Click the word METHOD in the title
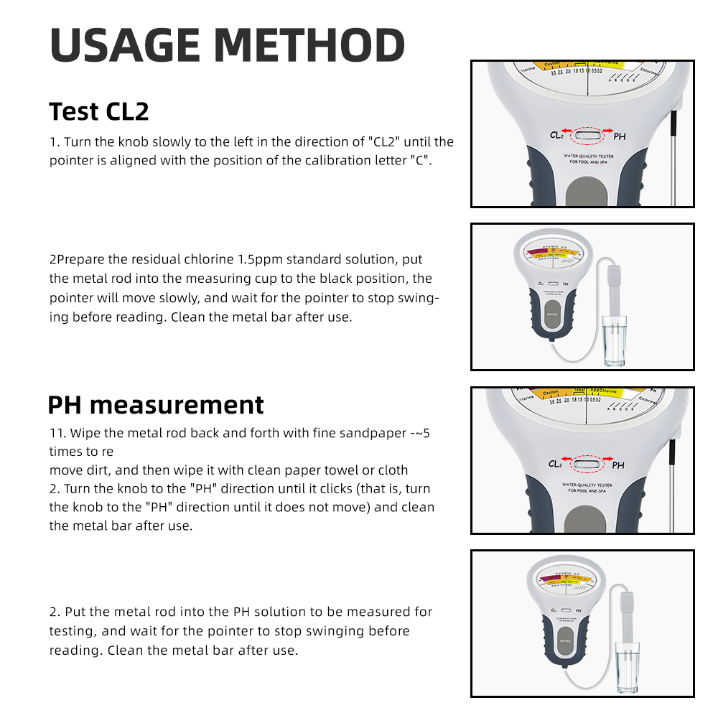309,45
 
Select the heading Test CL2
99,112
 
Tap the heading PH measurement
156,405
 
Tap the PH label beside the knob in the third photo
618,465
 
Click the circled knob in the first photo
588,133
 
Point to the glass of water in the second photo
615,342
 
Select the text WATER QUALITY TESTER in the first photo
587,155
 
